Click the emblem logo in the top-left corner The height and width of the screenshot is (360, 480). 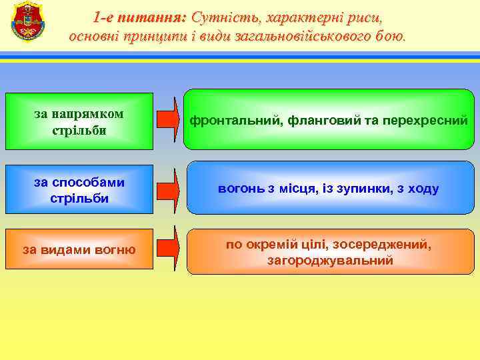pos(27,21)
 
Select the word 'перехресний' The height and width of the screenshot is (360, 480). pos(427,121)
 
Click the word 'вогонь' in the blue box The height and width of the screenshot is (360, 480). pos(241,189)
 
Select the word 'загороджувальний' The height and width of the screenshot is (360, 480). pos(329,260)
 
